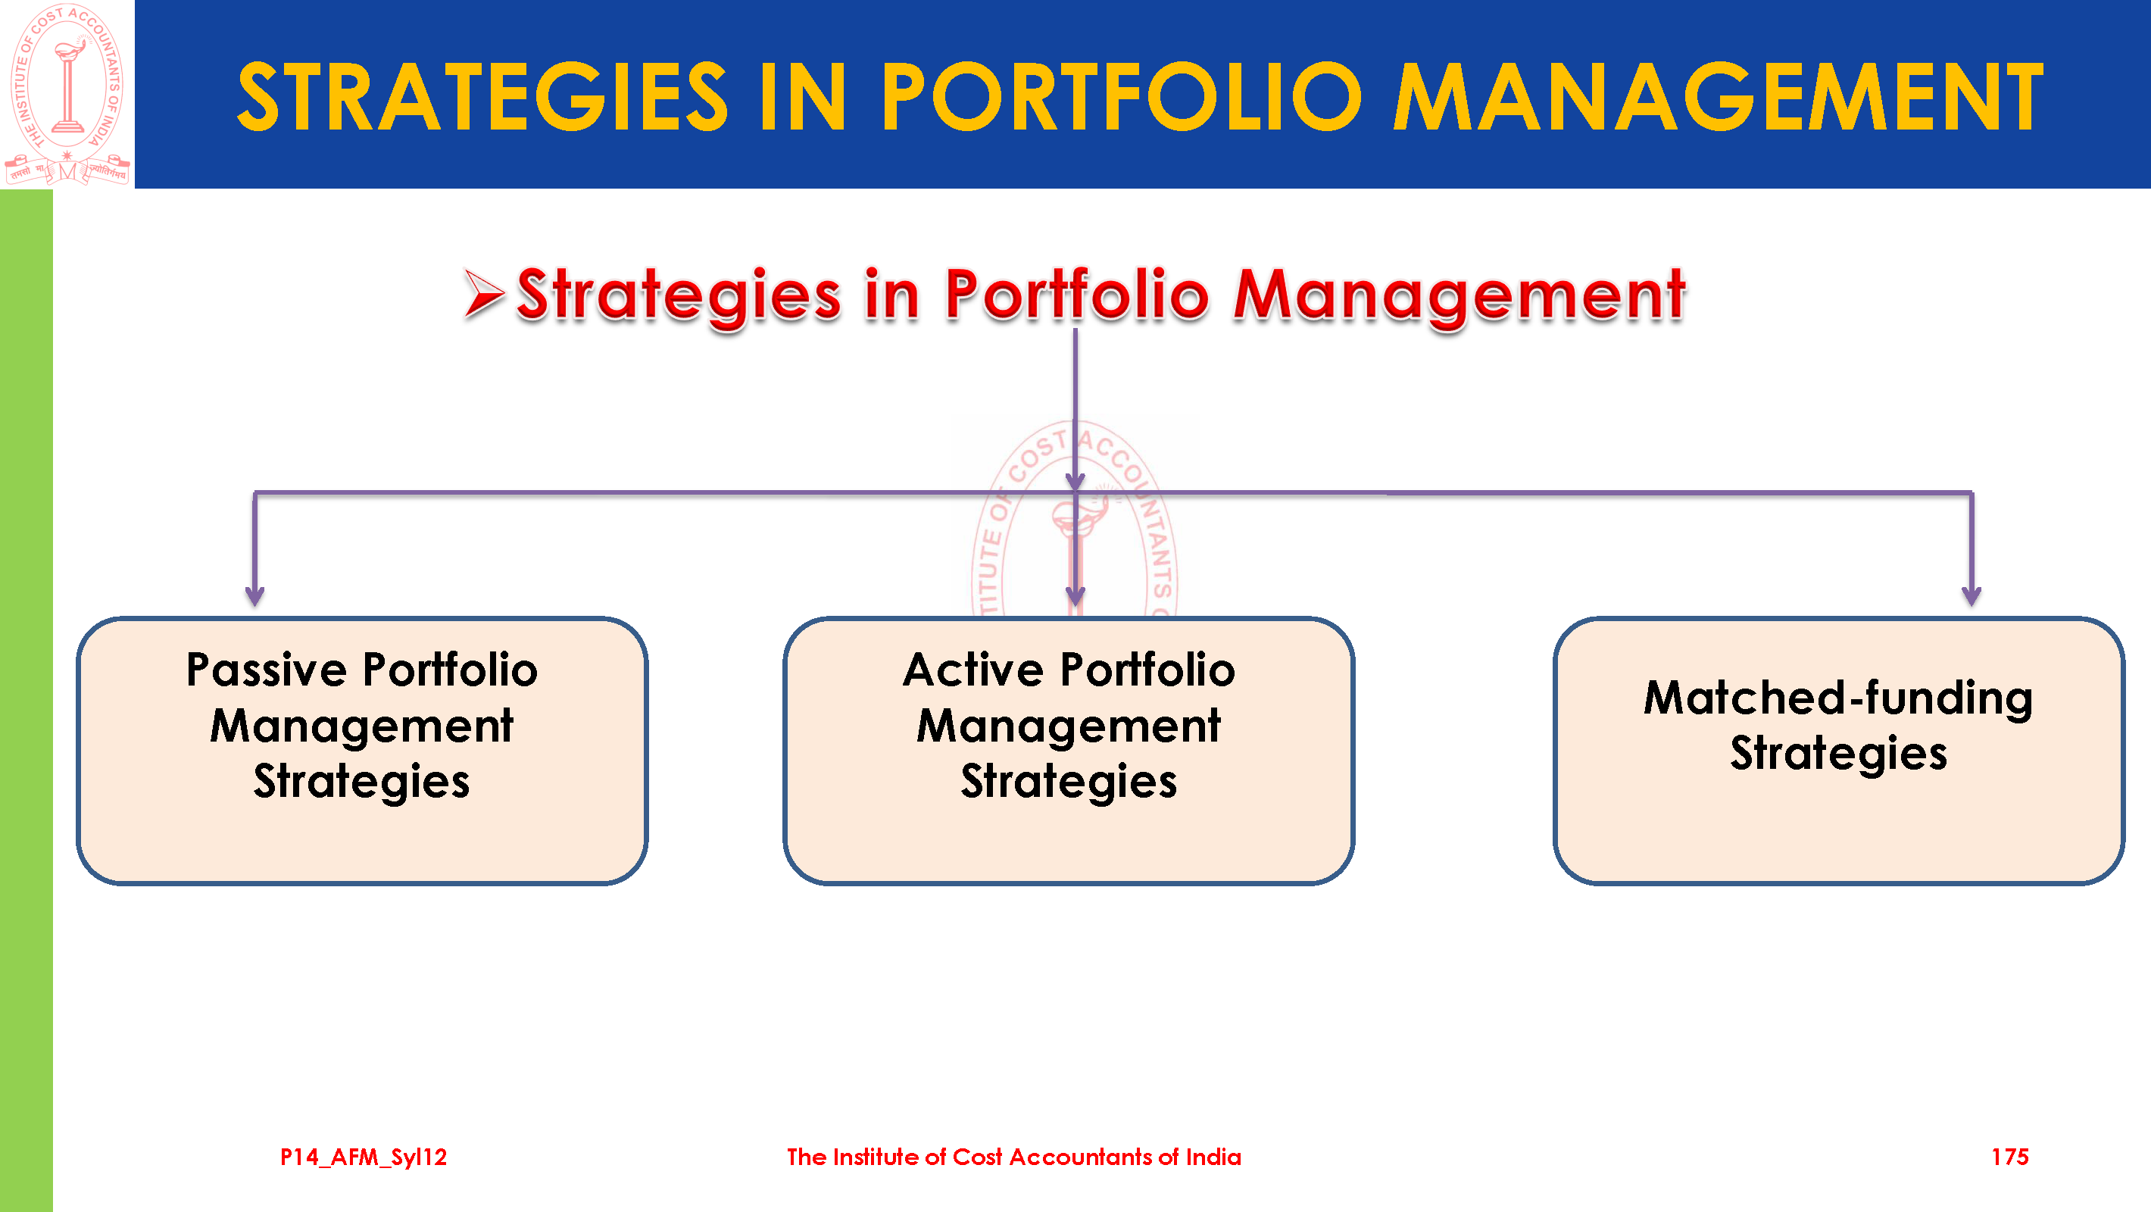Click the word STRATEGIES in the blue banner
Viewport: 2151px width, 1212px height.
pyautogui.click(x=482, y=97)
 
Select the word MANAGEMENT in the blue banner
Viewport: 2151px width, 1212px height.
pyautogui.click(x=1719, y=97)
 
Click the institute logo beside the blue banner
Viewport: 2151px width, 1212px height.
pyautogui.click(x=67, y=94)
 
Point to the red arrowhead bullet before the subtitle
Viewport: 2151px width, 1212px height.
pyautogui.click(x=484, y=294)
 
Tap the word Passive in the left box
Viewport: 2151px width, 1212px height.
pyautogui.click(x=267, y=670)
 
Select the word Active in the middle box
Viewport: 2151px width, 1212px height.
pyautogui.click(x=973, y=670)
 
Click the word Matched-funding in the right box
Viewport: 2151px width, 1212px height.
pyautogui.click(x=1839, y=698)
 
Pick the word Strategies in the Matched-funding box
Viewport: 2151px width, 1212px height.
pyautogui.click(x=1839, y=754)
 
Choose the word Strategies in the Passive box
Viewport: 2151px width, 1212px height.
pyautogui.click(x=361, y=782)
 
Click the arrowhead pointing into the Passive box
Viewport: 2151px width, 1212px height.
pyautogui.click(x=254, y=595)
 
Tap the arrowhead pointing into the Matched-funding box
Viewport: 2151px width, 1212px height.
pyautogui.click(x=1971, y=595)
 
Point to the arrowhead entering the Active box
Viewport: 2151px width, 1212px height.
pyautogui.click(x=1075, y=595)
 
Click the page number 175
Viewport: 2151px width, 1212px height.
pyautogui.click(x=2010, y=1157)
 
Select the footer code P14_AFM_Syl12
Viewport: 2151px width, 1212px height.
pyautogui.click(x=364, y=1157)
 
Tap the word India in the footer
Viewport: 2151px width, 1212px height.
pyautogui.click(x=1213, y=1157)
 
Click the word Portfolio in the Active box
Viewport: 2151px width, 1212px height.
pyautogui.click(x=1147, y=670)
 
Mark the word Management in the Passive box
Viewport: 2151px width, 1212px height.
pyautogui.click(x=361, y=726)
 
